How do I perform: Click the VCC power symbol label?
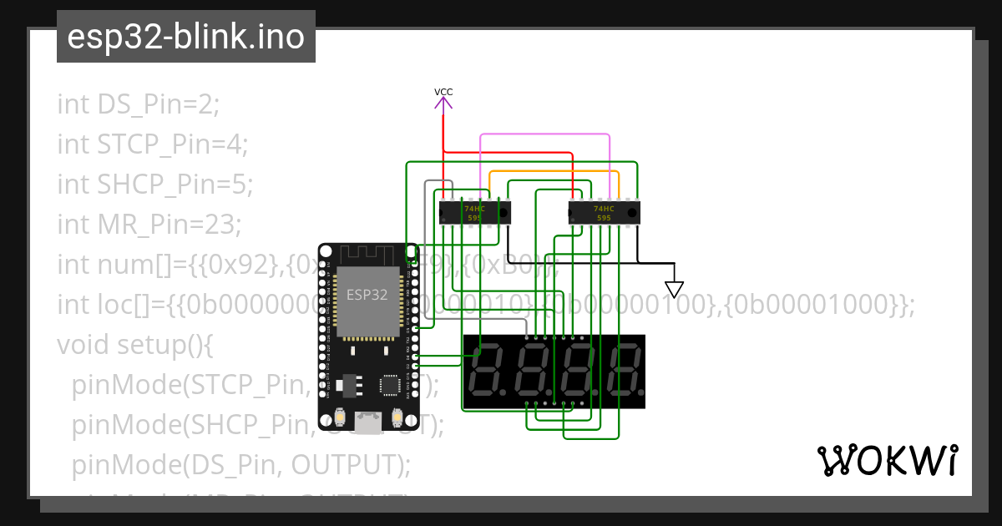click(443, 91)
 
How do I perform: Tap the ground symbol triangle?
click(674, 289)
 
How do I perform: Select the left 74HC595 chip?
click(474, 212)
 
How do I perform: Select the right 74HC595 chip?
click(603, 212)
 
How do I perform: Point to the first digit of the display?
click(487, 372)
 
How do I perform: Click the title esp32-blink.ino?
click(185, 37)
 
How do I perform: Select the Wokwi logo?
click(887, 460)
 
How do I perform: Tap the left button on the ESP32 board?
click(340, 417)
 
